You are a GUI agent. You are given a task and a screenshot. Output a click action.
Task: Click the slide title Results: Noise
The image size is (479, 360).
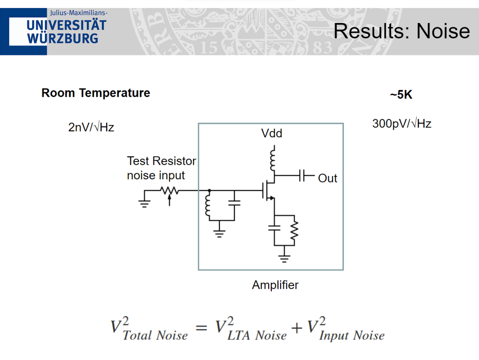click(401, 31)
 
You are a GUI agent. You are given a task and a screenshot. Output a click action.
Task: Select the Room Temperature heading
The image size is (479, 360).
click(96, 93)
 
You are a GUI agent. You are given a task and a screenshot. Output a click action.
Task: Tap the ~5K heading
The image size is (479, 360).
click(401, 95)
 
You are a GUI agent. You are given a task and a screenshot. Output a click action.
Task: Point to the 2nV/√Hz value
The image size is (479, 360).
click(91, 127)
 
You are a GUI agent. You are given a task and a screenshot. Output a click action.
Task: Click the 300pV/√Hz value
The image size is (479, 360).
click(402, 124)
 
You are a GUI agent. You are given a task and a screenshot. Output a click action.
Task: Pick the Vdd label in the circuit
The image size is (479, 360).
click(272, 133)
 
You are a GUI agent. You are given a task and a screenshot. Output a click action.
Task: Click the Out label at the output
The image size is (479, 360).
click(327, 178)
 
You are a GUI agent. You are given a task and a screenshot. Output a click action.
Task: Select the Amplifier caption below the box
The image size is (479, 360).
click(275, 285)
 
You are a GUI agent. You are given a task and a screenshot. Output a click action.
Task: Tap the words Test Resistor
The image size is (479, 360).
click(161, 161)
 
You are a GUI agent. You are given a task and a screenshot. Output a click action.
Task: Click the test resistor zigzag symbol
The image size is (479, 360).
click(169, 191)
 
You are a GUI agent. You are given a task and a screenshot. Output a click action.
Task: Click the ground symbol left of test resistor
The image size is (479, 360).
click(145, 203)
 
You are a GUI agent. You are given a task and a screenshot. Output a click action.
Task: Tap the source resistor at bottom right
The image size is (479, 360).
click(293, 230)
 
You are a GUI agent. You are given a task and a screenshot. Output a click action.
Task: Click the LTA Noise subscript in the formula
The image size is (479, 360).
click(257, 335)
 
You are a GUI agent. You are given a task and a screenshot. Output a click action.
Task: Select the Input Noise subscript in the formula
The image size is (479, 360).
click(352, 336)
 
